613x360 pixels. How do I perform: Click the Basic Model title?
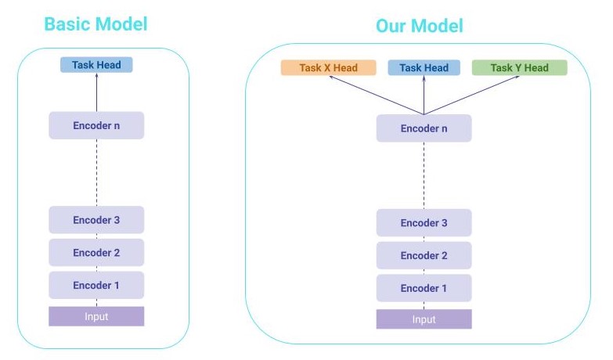tap(96, 23)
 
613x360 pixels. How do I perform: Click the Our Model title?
tap(419, 26)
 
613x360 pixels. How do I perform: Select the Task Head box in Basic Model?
tap(96, 65)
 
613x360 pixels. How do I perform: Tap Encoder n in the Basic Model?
tap(96, 125)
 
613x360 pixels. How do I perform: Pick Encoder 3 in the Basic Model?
tap(96, 220)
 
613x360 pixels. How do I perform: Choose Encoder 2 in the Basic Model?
tap(96, 253)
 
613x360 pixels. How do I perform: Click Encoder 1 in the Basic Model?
tap(96, 285)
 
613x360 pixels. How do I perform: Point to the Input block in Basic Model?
tap(96, 316)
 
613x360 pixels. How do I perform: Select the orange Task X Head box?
tap(329, 68)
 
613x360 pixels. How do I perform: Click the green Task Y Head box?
tap(519, 68)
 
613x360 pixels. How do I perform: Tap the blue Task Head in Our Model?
tap(424, 68)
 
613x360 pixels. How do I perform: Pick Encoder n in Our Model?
tap(424, 128)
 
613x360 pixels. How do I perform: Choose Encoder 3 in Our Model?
tap(424, 223)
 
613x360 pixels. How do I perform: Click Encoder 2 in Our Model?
tap(424, 256)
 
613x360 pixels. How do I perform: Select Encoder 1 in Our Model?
tap(424, 288)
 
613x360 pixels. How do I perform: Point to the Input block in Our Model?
tap(424, 319)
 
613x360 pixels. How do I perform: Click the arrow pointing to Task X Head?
tap(376, 95)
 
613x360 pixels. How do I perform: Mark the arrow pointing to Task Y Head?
tap(472, 95)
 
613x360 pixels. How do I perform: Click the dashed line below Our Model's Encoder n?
tap(424, 175)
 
